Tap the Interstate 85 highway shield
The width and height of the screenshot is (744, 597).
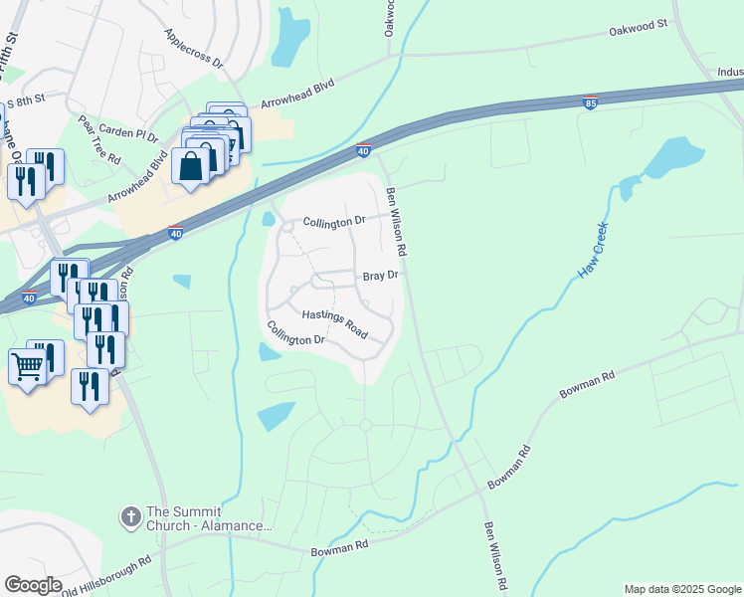tap(590, 102)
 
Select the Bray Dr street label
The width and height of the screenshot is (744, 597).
tap(380, 275)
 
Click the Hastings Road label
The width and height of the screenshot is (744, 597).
tap(335, 321)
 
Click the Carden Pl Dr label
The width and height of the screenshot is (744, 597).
tap(132, 134)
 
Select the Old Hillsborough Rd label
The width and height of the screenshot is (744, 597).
tap(104, 575)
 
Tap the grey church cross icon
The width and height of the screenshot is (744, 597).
tap(129, 516)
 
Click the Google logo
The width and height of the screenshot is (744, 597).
tap(33, 585)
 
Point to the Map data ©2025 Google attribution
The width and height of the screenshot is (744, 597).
tap(682, 589)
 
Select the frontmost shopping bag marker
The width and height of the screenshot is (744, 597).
tap(191, 165)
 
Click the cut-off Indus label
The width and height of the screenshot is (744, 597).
tap(730, 72)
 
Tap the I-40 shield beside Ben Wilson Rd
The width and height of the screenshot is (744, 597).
tap(363, 150)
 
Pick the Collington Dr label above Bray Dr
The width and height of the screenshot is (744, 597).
tap(334, 221)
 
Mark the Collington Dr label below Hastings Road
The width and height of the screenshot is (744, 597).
tap(295, 333)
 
